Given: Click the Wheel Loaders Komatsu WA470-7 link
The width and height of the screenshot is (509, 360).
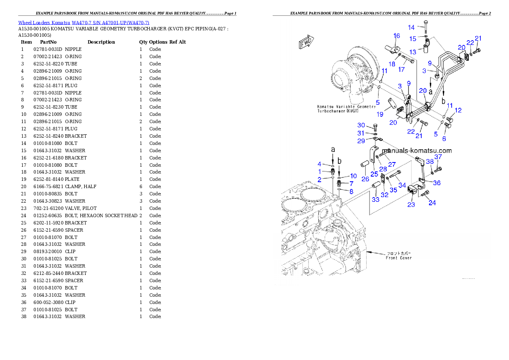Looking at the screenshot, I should coord(83,23).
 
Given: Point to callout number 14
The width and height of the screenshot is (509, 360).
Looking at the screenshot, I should coord(411,27).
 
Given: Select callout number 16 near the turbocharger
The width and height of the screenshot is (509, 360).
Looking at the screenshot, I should coord(397,36).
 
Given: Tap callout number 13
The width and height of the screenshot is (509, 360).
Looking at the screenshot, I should coord(413,52).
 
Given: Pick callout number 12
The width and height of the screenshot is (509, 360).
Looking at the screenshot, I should coord(458,110).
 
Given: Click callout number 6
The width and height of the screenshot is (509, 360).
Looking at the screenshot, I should coord(444,139).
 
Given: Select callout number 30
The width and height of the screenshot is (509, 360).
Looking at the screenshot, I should coord(361,125).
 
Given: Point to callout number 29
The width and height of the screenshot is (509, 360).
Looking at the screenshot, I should coord(361,141).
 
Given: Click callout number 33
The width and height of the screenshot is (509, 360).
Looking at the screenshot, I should coord(375,199).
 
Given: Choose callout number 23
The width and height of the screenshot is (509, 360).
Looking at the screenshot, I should coord(411,204).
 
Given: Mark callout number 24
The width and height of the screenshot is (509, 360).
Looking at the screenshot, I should coord(432,203).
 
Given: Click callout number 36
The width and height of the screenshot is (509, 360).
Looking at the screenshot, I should coord(437,183).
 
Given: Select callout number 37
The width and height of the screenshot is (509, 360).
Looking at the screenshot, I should coord(438,157).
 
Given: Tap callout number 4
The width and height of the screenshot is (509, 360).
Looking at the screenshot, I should coord(319,164).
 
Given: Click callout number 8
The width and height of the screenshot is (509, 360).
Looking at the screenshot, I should coord(351,192).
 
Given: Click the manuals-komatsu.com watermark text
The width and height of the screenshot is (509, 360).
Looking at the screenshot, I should coord(417,150).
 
